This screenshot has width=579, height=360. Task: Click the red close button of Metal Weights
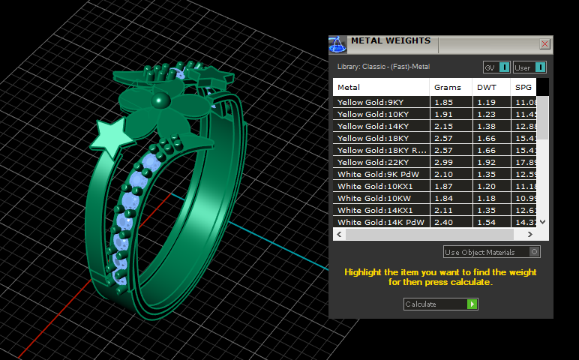tap(545, 44)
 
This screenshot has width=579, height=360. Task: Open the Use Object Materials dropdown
tap(491, 252)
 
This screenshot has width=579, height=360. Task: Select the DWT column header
tap(486, 88)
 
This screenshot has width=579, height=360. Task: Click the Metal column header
tap(349, 88)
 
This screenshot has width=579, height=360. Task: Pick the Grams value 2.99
tap(443, 162)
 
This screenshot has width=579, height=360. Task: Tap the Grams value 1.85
tap(443, 102)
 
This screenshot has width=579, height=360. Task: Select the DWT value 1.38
tap(487, 126)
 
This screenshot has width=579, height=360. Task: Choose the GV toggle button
tap(496, 67)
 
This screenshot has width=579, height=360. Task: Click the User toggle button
tap(529, 67)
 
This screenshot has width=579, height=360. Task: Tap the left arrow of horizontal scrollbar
tap(338, 235)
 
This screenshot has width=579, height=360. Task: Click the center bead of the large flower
tap(159, 100)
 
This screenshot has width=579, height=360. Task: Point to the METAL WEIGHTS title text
tap(391, 40)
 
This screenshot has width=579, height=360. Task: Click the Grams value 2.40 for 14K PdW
tap(443, 222)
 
